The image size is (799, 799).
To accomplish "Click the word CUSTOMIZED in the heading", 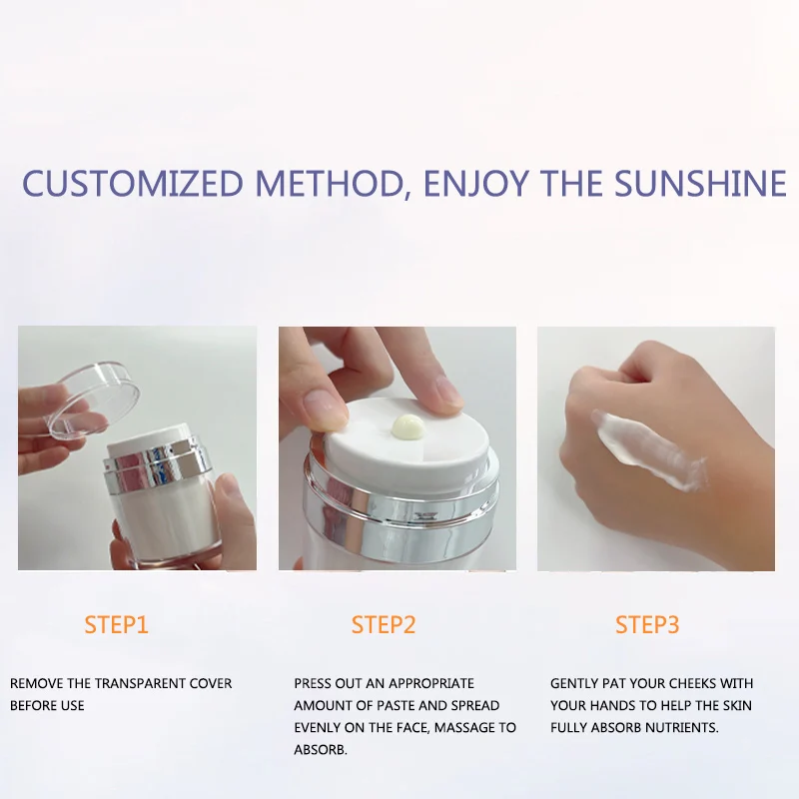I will click(133, 184).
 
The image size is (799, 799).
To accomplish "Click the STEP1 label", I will click(116, 626).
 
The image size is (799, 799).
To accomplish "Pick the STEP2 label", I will click(383, 626).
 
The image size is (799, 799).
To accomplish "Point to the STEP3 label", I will click(647, 626).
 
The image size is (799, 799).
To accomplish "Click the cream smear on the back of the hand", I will click(649, 451).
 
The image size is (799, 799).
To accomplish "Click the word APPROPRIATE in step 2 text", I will click(431, 684).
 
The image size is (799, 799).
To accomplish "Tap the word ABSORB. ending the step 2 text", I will click(321, 750).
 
